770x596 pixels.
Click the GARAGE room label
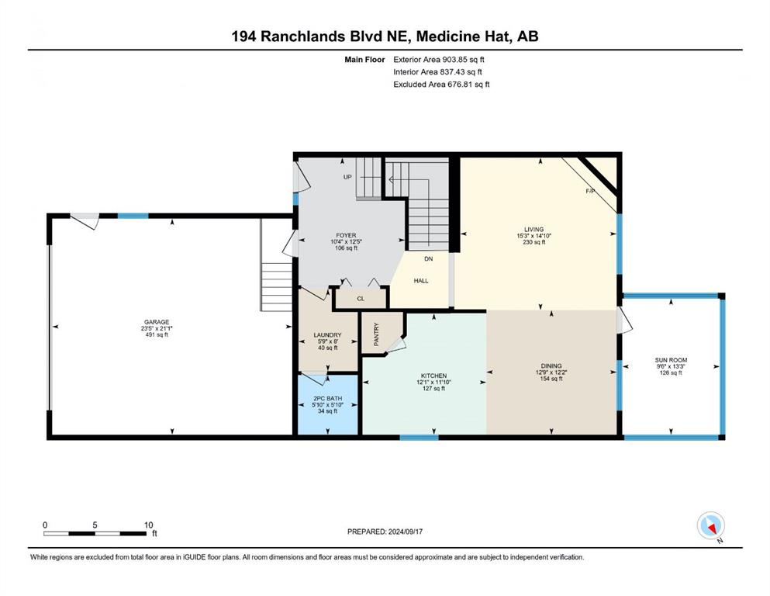click(x=157, y=322)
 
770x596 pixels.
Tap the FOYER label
click(x=346, y=235)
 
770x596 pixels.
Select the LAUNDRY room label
click(x=327, y=335)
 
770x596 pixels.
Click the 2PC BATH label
click(x=327, y=398)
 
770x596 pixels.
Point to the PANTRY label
click(x=377, y=334)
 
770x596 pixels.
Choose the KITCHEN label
click(x=433, y=376)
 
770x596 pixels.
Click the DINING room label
click(x=551, y=366)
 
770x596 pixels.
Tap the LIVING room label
click(x=533, y=230)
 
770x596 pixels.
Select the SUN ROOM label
click(x=672, y=360)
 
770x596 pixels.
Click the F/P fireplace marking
click(x=591, y=191)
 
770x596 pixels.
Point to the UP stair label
click(x=347, y=177)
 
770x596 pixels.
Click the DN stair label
click(x=429, y=259)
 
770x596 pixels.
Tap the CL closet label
click(x=361, y=299)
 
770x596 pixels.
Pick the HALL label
click(x=421, y=281)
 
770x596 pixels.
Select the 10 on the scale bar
click(x=149, y=525)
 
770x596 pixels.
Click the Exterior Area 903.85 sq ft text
click(x=439, y=60)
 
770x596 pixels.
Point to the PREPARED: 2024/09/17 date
click(x=385, y=532)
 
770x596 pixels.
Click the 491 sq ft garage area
click(x=157, y=335)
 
